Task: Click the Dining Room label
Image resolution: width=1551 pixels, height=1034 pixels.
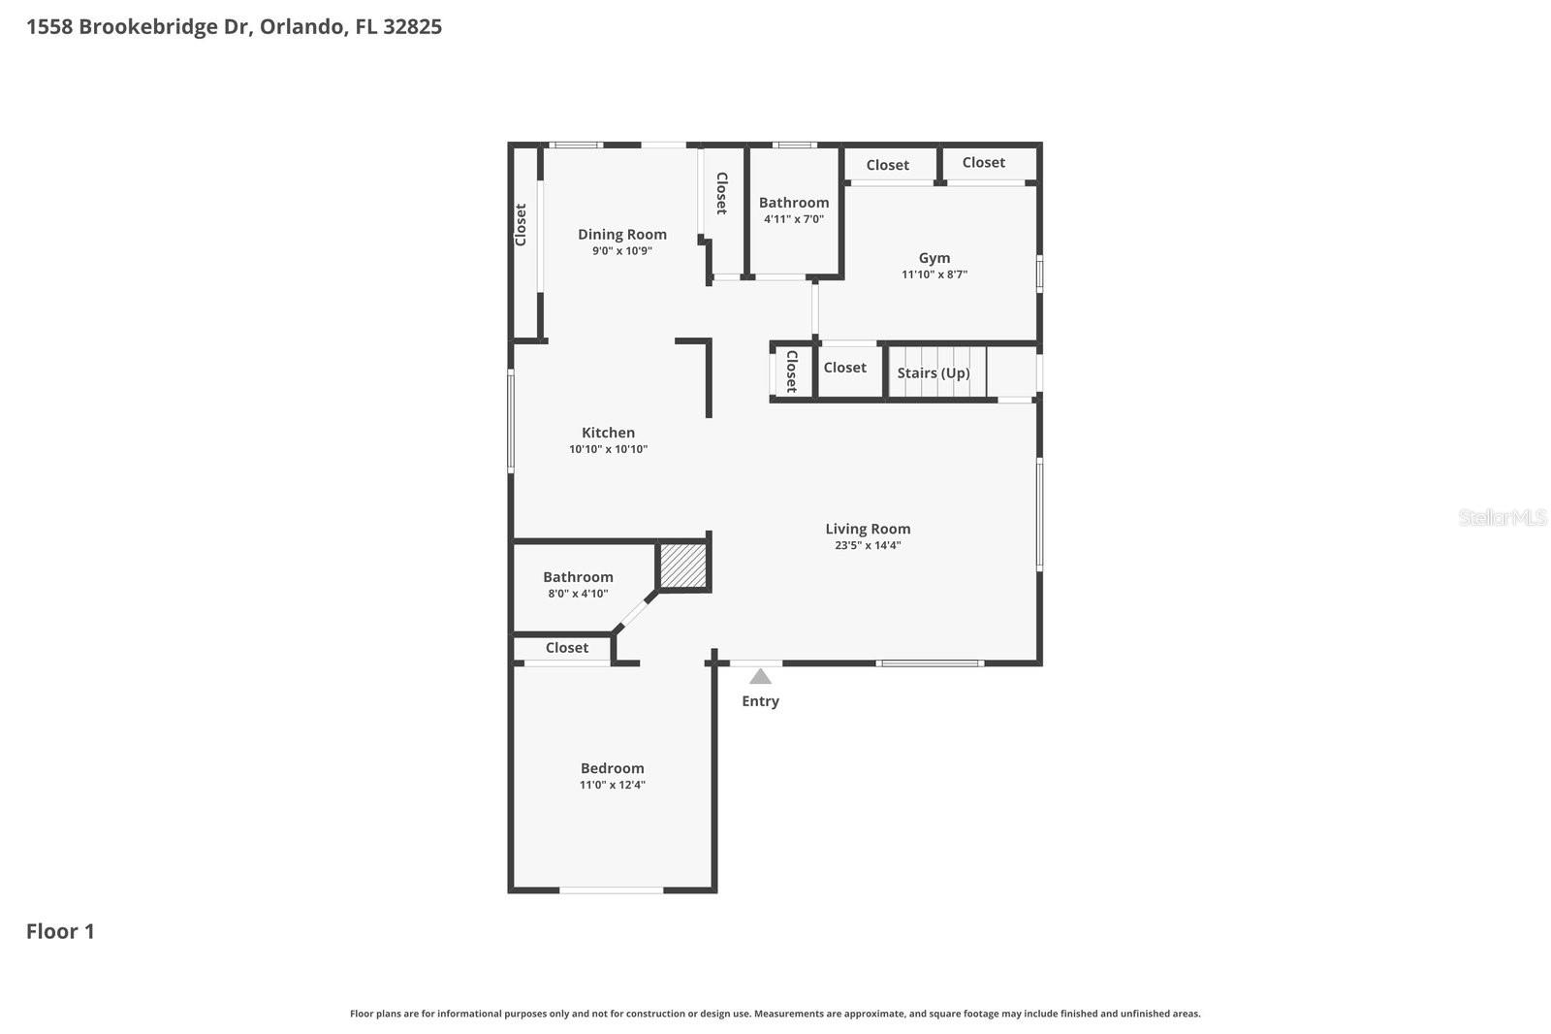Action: [621, 234]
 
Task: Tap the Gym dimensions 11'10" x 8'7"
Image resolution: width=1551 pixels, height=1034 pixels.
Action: [934, 275]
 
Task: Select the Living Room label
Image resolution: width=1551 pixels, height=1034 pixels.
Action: [868, 529]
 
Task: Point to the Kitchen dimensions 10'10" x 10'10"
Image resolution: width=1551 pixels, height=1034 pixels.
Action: [608, 449]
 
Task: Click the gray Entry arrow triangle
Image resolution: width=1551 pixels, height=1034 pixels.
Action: [760, 676]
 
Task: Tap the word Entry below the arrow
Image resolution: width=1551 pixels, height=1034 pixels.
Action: [760, 701]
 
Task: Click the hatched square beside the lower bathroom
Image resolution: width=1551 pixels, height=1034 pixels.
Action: [683, 565]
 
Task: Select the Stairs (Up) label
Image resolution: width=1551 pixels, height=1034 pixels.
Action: [933, 372]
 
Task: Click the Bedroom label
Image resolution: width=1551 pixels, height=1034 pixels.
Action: [612, 768]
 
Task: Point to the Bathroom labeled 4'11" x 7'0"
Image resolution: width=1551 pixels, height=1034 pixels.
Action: [793, 203]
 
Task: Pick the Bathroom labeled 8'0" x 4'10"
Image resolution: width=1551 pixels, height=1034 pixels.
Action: [578, 577]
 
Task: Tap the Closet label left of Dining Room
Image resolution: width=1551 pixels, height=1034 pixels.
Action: [521, 224]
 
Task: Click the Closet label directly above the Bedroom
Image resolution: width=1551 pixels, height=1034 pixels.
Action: [566, 648]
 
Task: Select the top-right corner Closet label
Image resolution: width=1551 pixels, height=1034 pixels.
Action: [983, 162]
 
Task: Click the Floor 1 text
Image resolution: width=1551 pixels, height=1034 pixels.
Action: [60, 931]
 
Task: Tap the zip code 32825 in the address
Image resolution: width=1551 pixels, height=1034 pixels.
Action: [412, 26]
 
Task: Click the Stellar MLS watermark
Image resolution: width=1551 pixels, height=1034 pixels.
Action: [1502, 518]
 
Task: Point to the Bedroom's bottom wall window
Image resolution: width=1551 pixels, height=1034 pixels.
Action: [612, 889]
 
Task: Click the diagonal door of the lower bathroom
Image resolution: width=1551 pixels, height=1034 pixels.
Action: [636, 613]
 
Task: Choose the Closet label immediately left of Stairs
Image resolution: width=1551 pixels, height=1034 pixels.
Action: [844, 368]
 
